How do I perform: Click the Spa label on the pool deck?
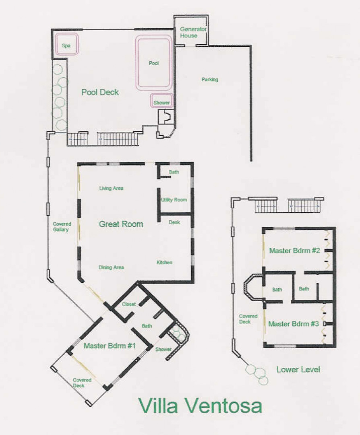tap(66, 46)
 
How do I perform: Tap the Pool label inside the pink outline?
tap(154, 63)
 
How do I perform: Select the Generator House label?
tap(193, 32)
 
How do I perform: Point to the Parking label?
tap(210, 80)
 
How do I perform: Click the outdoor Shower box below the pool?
tap(162, 101)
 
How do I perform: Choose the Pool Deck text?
tap(100, 92)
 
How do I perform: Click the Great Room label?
tap(121, 224)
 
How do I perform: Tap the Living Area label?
tap(111, 188)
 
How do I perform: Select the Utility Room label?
tap(174, 200)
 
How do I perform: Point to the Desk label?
tap(174, 222)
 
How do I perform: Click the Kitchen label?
tap(164, 263)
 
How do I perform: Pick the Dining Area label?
tap(111, 267)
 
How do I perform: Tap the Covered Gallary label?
tap(62, 227)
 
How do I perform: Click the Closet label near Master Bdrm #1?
tap(129, 304)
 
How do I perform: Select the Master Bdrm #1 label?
tap(110, 346)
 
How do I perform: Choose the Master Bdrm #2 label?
tap(294, 251)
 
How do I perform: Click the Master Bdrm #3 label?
tap(294, 324)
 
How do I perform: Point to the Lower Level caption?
tap(298, 369)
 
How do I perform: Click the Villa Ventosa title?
tap(200, 406)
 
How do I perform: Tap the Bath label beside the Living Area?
tap(174, 172)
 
